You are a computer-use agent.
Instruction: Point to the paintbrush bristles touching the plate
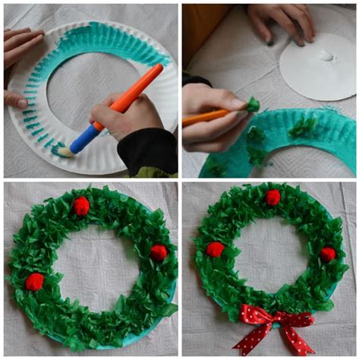(x=65, y=153)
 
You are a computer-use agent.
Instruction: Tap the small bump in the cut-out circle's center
(x=327, y=55)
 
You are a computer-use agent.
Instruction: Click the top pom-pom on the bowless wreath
(x=81, y=206)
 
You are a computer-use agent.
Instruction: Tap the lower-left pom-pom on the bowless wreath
(x=35, y=282)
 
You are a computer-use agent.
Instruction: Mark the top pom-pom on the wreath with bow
(x=273, y=197)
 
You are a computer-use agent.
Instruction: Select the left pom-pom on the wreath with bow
(x=216, y=249)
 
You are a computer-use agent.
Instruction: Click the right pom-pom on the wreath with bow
(x=327, y=254)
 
